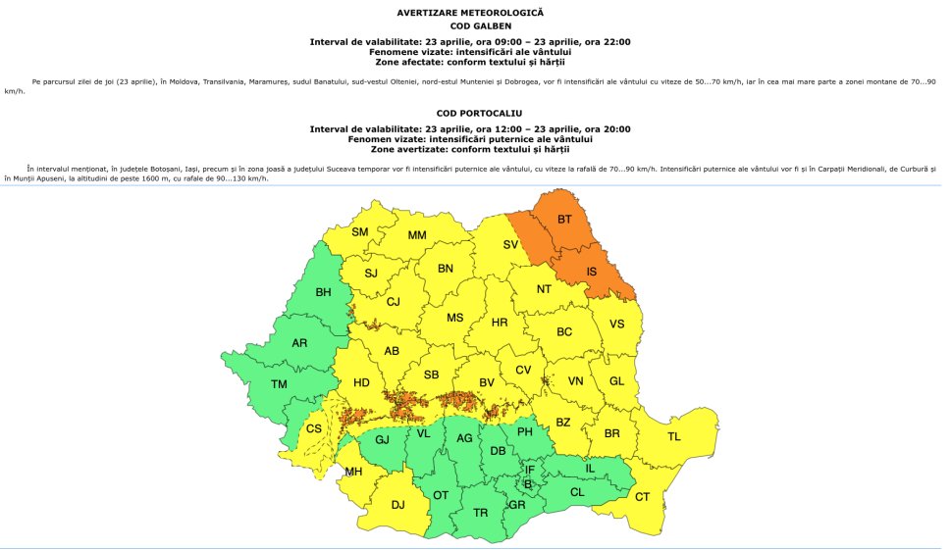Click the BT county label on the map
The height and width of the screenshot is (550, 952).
click(564, 220)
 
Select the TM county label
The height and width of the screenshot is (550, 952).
click(279, 384)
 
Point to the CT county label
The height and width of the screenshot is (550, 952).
click(642, 497)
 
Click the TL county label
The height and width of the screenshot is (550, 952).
click(673, 436)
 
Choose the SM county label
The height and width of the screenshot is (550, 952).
click(360, 232)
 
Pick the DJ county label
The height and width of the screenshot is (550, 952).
click(397, 505)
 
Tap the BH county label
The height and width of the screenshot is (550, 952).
click(323, 292)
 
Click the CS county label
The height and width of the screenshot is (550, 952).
click(313, 428)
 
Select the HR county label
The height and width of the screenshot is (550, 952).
click(499, 322)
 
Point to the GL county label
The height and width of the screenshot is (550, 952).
click(616, 381)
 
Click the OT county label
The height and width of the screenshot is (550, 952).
click(441, 495)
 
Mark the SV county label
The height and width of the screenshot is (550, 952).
click(510, 245)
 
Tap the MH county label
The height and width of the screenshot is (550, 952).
click(353, 472)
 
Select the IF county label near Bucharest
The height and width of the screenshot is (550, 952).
click(530, 471)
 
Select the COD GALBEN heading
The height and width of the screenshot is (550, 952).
click(470, 25)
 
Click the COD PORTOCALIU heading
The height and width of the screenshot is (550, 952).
click(470, 113)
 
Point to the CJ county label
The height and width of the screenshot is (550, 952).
click(394, 302)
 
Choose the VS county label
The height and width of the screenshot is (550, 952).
click(616, 324)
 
